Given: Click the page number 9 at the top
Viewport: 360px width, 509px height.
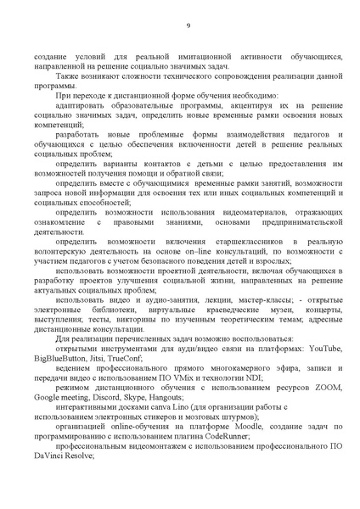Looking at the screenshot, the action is [x=188, y=25].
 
